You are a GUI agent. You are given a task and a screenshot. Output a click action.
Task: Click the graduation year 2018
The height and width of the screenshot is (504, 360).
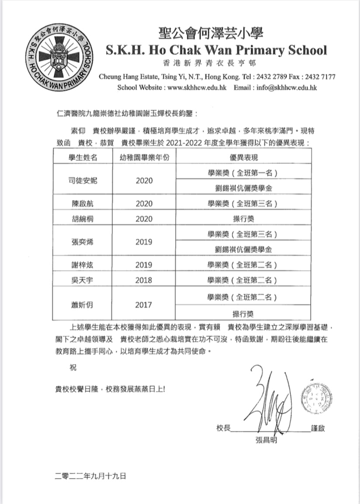pyautogui.click(x=144, y=280)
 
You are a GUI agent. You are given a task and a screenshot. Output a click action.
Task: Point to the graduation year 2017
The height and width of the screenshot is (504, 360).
pyautogui.click(x=144, y=305)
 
